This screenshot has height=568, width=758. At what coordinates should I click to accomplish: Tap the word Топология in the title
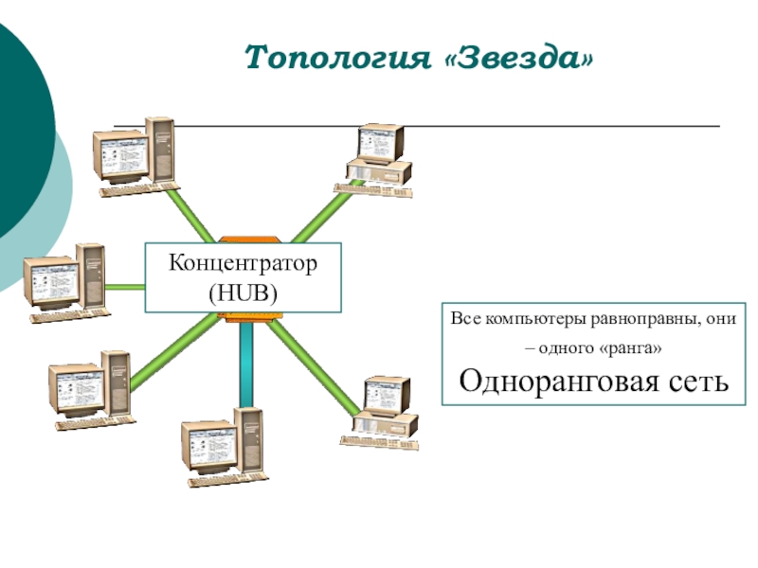pyautogui.click(x=335, y=59)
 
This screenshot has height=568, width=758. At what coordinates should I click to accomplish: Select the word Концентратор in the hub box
pyautogui.click(x=243, y=262)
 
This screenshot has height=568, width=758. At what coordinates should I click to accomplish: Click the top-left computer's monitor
pyautogui.click(x=119, y=151)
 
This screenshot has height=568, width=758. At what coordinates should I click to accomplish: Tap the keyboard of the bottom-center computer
pyautogui.click(x=213, y=480)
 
